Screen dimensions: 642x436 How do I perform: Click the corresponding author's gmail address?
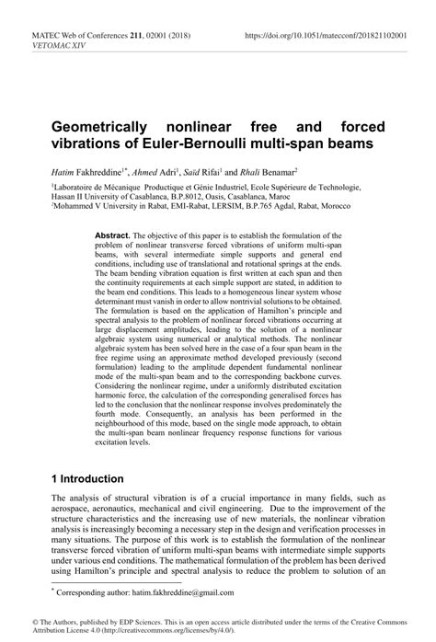186,593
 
